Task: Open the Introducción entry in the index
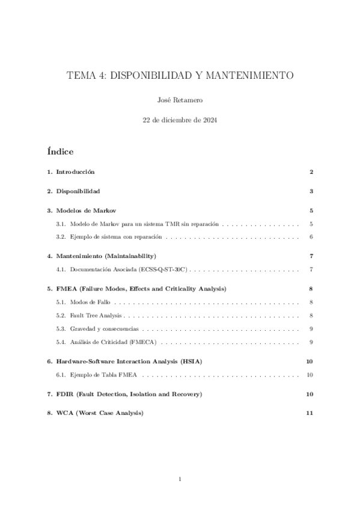(x=75, y=172)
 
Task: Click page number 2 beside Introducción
(x=311, y=172)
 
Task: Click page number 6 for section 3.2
(x=311, y=237)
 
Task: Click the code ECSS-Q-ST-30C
(x=165, y=269)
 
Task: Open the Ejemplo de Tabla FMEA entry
(x=103, y=375)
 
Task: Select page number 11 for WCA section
(x=310, y=414)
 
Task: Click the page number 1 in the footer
(x=180, y=479)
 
